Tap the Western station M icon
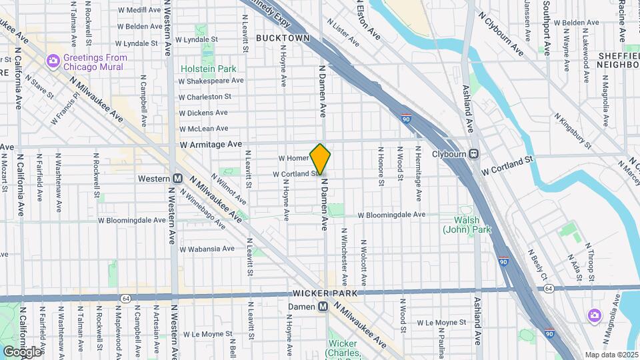[x=178, y=179]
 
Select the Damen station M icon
[x=323, y=307]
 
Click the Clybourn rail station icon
[x=474, y=153]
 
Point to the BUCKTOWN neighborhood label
[x=283, y=38]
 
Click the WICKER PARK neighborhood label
[x=321, y=294]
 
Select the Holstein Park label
[x=208, y=69]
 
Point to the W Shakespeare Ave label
[x=211, y=81]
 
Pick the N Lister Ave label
[x=344, y=31]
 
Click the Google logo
[x=22, y=351]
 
